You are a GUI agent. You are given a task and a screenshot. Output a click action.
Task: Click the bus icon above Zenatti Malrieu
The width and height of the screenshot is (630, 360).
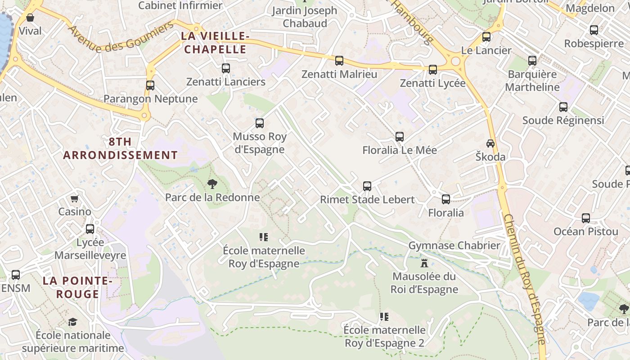[339, 60]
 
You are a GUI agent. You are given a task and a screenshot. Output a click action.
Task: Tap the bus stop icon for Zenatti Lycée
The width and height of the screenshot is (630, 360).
[433, 69]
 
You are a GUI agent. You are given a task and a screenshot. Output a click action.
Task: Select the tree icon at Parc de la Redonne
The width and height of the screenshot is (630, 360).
[212, 184]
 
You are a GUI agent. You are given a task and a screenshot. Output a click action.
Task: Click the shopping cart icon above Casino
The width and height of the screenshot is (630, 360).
[75, 198]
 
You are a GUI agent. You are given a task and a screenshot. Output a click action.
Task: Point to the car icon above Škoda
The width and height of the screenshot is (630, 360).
[490, 144]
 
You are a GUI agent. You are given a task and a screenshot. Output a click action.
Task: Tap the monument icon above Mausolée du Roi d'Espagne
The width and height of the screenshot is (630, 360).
[424, 263]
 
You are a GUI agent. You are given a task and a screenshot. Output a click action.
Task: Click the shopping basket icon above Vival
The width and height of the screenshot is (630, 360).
[30, 18]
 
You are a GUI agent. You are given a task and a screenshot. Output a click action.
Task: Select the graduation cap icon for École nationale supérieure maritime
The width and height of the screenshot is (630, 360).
[72, 322]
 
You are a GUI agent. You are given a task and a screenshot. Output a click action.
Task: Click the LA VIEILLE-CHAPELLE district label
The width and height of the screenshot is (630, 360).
[215, 42]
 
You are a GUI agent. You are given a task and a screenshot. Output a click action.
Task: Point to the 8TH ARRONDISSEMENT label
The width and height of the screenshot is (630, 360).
[120, 148]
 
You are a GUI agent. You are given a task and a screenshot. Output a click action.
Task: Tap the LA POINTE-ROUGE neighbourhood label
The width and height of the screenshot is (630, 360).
[77, 287]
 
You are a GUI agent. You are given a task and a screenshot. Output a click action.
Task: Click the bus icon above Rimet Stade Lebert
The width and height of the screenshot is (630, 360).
[367, 186]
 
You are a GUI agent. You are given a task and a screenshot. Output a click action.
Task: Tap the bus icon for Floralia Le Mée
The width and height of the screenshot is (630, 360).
[400, 137]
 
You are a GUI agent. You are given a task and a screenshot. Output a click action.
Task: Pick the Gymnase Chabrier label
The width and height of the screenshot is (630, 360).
[454, 245]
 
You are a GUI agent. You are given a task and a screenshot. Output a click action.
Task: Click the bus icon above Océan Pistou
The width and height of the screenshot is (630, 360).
[586, 218]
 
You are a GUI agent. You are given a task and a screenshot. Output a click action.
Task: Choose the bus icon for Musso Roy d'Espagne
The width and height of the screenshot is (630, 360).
[260, 123]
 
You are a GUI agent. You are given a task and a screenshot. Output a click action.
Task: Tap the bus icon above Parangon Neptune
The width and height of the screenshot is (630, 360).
[150, 85]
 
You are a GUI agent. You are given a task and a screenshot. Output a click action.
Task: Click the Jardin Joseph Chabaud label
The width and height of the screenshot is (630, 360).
[305, 17]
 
